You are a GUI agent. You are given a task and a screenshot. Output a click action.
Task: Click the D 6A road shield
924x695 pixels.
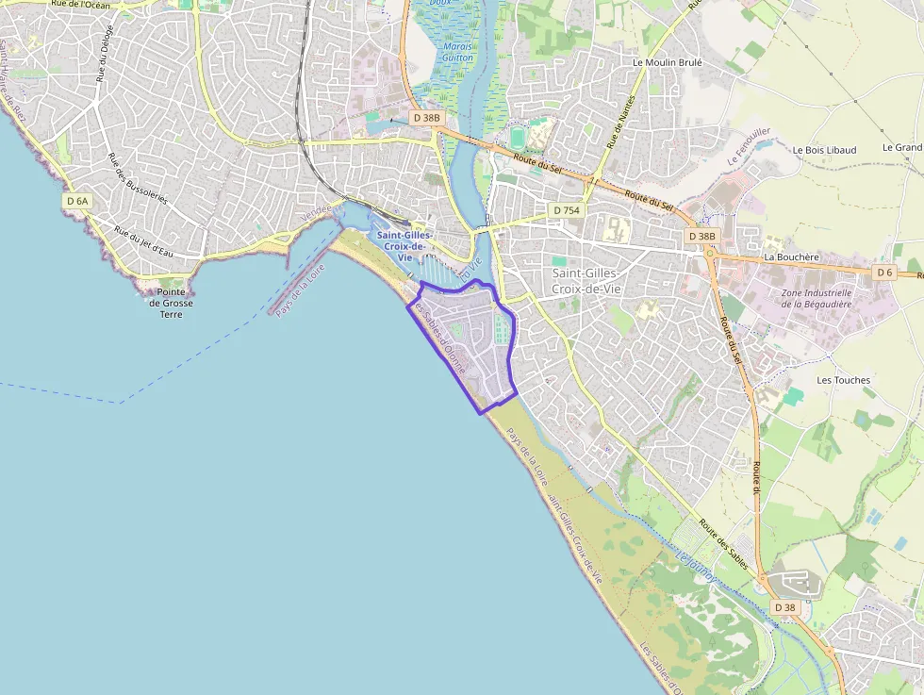point(77,201)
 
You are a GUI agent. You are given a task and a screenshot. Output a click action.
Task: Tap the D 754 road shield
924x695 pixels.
point(566,209)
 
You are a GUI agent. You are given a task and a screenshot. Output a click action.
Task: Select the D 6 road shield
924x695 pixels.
point(883,273)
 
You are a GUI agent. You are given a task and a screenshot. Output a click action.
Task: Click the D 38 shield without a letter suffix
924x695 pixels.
point(784,607)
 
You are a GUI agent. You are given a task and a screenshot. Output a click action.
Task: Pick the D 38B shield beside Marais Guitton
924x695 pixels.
point(426,118)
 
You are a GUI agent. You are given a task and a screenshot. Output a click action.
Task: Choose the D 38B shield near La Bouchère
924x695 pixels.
point(701,236)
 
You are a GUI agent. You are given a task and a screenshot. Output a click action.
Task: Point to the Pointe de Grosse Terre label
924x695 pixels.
point(171,303)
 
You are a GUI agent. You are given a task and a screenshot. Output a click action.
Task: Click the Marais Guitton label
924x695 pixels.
point(457,52)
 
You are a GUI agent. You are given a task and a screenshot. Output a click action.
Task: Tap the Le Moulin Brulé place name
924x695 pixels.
point(668,62)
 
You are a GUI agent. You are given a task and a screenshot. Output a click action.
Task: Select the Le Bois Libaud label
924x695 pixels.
point(824,150)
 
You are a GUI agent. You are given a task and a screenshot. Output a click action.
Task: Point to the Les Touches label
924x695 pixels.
point(843,380)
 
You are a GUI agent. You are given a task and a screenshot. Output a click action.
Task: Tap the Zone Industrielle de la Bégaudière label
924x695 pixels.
point(817,298)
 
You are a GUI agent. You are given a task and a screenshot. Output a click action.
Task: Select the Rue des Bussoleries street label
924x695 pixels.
point(138,179)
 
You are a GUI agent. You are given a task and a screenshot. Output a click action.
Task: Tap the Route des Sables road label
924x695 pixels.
point(724,545)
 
